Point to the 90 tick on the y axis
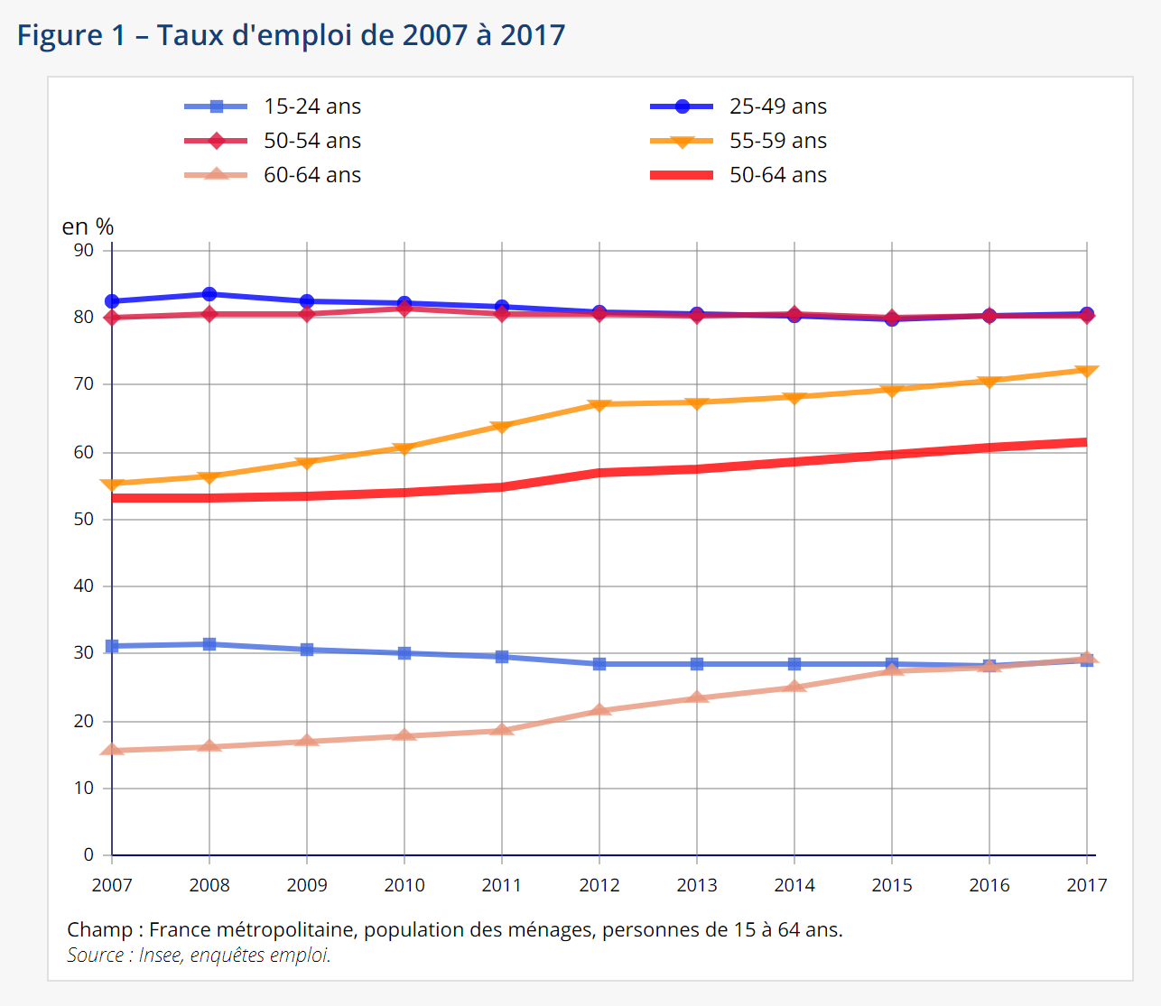84,250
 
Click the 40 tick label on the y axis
84,586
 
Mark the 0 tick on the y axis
88,854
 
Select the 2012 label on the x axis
599,885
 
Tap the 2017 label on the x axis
1087,885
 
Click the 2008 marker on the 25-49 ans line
209,294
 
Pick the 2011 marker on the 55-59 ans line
502,426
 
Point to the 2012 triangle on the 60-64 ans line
599,710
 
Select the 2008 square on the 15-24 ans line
209,644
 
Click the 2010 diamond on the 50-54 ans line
404,309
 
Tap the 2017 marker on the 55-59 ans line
1087,371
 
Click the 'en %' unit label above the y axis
88,226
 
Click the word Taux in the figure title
190,35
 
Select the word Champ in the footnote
99,929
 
